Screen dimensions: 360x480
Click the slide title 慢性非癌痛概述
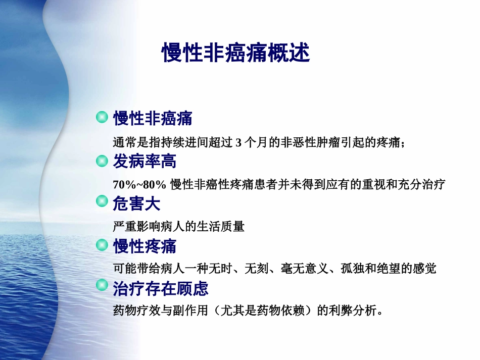[x=235, y=53]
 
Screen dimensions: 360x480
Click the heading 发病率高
[x=145, y=162]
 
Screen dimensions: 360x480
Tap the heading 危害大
[x=136, y=204]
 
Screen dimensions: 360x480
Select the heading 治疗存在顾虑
[x=161, y=289]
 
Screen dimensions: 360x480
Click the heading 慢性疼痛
[x=145, y=246]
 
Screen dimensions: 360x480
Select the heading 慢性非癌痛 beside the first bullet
[x=153, y=119]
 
